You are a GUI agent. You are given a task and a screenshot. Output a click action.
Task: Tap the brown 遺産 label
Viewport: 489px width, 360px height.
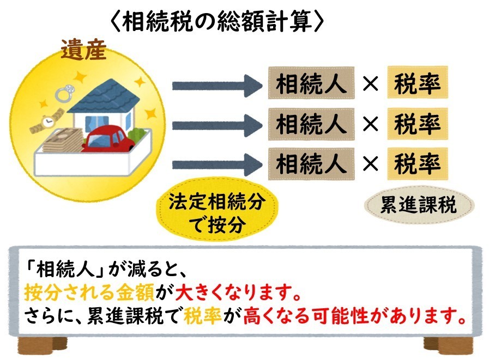click(x=83, y=50)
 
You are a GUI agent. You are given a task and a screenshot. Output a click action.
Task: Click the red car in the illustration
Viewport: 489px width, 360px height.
click(x=108, y=139)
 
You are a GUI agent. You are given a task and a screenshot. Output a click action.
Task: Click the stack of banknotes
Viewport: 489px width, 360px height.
click(x=62, y=141)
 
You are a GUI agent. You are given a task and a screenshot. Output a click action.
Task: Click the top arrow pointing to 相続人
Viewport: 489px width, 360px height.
click(x=218, y=86)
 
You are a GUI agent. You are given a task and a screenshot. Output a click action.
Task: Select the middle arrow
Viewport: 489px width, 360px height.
click(x=218, y=125)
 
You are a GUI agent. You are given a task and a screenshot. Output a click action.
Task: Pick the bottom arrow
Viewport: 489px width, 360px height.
click(x=218, y=164)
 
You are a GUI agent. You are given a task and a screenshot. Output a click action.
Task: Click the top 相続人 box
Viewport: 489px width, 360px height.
click(x=311, y=83)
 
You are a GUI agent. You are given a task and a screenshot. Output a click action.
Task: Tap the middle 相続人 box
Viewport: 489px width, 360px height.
click(x=311, y=124)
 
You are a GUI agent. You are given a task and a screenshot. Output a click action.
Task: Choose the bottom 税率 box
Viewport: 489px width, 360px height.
click(x=418, y=164)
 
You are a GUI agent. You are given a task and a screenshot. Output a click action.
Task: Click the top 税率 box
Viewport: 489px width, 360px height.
click(x=418, y=82)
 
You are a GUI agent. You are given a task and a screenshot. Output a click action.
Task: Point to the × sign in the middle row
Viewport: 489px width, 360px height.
click(x=371, y=124)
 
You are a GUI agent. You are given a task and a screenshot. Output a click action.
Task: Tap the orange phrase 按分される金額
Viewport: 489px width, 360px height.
click(x=89, y=292)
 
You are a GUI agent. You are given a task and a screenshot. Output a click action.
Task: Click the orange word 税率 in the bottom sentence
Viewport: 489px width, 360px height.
click(x=203, y=316)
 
